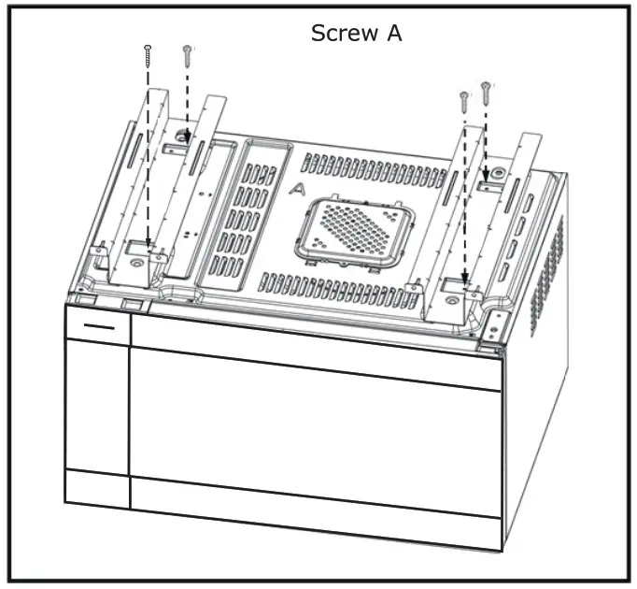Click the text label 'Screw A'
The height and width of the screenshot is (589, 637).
click(356, 34)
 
